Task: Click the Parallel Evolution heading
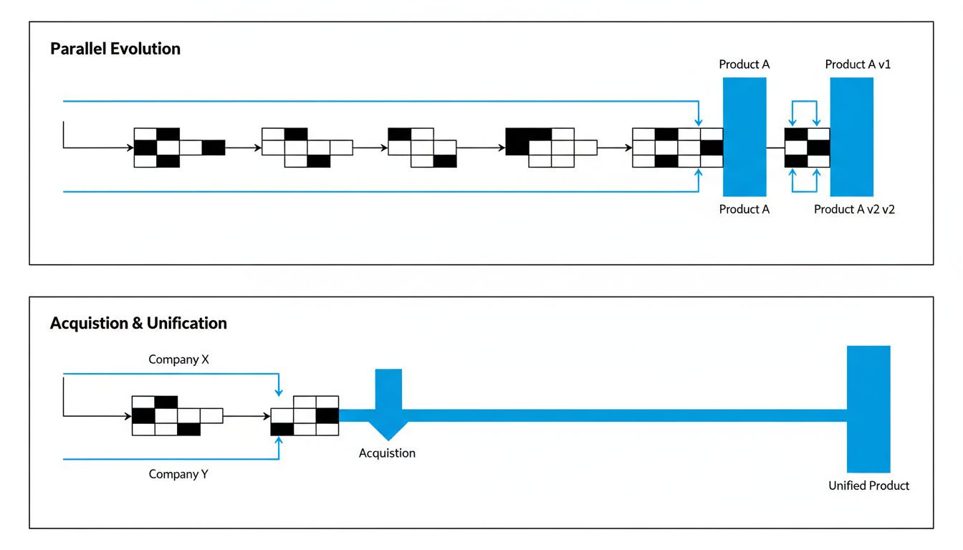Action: click(x=115, y=49)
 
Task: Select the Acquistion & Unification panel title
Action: click(x=138, y=323)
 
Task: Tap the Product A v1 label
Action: click(x=858, y=64)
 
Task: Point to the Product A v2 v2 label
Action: click(x=854, y=210)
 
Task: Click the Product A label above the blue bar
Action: click(x=744, y=64)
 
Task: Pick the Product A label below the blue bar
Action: click(x=744, y=209)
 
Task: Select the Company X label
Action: click(x=178, y=360)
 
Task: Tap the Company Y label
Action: click(x=178, y=474)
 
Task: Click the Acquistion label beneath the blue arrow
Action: click(x=387, y=453)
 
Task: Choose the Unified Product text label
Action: click(x=868, y=486)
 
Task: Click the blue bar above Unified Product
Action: click(x=868, y=408)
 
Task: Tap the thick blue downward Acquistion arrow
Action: click(x=388, y=405)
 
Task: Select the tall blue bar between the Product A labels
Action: click(x=744, y=136)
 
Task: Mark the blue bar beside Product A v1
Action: click(x=851, y=136)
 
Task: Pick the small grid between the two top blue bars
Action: click(x=808, y=148)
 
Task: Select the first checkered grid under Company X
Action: click(x=177, y=415)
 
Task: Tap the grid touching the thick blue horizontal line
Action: click(x=305, y=415)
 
